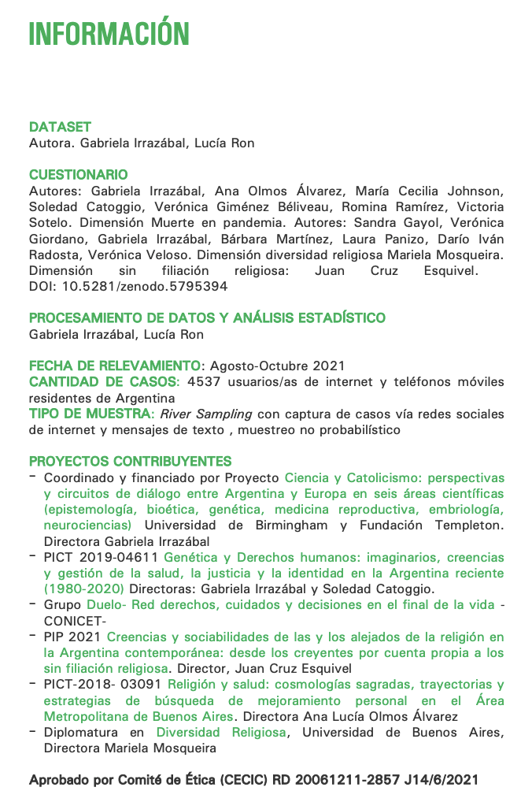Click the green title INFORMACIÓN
pos(109,34)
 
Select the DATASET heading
pos(60,127)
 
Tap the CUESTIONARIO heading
pos(78,174)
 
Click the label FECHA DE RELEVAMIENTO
pos(115,366)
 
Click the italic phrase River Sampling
pos(206,414)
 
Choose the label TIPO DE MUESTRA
pos(90,414)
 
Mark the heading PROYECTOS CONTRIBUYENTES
pos(130,461)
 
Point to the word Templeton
pos(469,525)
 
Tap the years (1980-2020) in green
pos(84,589)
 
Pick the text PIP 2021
pos(72,637)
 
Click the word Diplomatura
pos(83,732)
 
